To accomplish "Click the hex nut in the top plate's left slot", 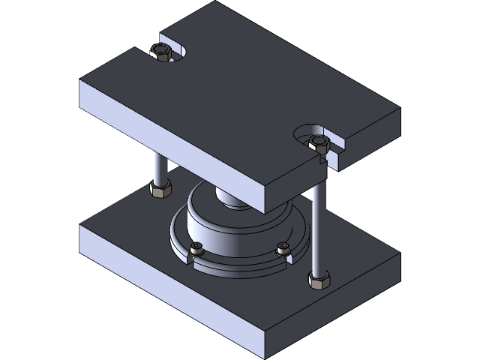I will coord(161,52).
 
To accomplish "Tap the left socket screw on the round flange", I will coord(197,249).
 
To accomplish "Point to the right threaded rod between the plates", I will coord(319,225).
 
